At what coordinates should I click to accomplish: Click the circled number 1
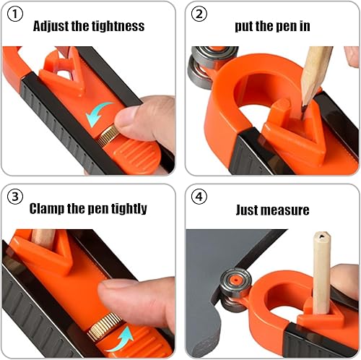15,14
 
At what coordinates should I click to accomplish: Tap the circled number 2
199,14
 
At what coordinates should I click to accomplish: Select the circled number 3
15,197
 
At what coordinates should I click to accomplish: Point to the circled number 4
199,197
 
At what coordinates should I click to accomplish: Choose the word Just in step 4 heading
248,210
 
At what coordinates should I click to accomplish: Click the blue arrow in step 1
98,113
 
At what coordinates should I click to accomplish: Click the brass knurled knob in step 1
108,135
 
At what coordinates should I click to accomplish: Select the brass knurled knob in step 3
105,327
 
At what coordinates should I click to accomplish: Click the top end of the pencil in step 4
322,236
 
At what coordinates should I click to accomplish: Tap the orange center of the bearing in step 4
235,280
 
